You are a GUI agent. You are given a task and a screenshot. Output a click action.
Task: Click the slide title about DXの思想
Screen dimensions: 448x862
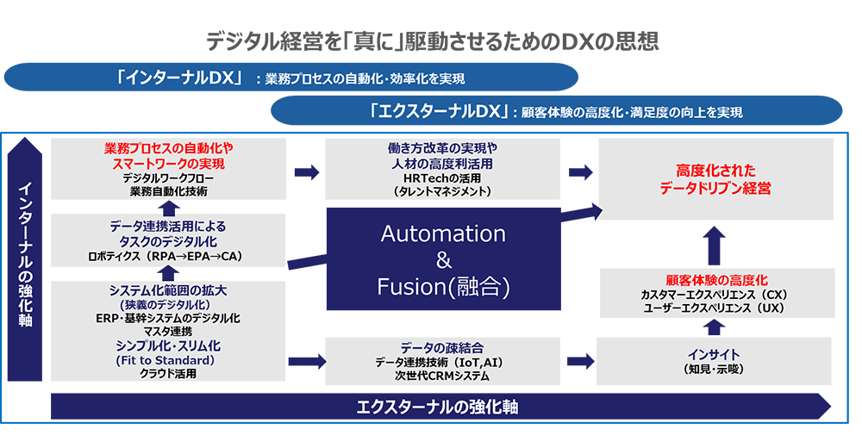[431, 40]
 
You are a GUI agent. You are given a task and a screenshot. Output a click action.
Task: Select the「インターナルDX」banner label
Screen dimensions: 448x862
[182, 78]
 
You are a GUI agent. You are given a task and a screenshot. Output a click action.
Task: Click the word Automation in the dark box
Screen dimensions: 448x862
[443, 233]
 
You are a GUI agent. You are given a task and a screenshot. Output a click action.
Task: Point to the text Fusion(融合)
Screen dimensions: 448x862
[443, 286]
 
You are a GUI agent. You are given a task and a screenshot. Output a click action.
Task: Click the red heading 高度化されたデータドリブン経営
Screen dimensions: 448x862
[715, 177]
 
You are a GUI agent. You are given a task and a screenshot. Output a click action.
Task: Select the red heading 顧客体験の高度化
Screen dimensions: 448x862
[716, 280]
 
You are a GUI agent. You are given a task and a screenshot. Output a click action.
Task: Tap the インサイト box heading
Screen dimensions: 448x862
[714, 354]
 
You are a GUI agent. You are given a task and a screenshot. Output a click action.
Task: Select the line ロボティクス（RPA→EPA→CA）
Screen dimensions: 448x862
[170, 256]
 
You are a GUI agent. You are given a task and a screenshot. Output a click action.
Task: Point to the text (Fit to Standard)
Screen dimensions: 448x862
[169, 360]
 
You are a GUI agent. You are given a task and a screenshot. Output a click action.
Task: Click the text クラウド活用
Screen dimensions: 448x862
[169, 374]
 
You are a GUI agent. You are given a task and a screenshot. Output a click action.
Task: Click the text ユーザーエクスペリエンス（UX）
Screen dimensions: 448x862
[716, 308]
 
